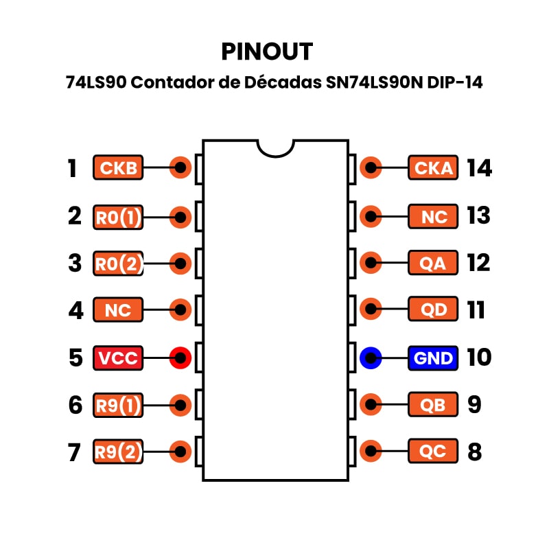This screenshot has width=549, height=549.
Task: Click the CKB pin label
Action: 118,167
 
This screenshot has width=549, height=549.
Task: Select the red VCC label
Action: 118,358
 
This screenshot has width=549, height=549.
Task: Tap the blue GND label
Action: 433,358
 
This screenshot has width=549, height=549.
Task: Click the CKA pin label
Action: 433,167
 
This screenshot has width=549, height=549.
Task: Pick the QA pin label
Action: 433,262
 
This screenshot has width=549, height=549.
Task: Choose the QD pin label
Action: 433,309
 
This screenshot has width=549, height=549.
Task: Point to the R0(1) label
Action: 118,217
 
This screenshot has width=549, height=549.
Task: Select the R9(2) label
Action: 118,452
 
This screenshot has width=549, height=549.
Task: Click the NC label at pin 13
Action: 433,217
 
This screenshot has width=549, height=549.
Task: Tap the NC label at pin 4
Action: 118,309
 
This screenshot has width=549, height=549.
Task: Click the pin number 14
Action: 479,168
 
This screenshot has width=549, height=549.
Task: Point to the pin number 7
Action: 75,452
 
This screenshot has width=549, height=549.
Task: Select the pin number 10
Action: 479,358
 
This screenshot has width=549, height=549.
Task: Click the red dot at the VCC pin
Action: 180,358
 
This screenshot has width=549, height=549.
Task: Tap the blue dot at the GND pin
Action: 371,358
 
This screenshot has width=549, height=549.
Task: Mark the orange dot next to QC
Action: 371,452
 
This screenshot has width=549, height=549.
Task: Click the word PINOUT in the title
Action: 267,51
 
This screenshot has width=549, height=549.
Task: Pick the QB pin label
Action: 433,404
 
